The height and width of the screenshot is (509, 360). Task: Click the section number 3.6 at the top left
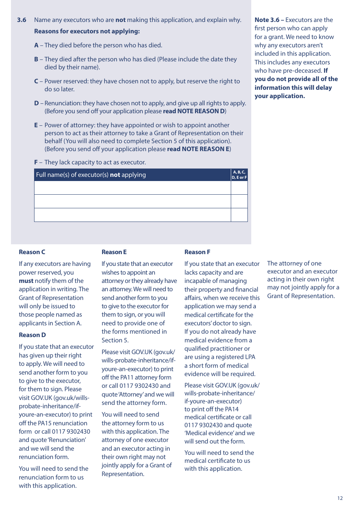click(22, 20)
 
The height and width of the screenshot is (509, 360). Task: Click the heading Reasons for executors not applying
click(87, 31)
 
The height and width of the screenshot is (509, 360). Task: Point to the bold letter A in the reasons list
click(36, 45)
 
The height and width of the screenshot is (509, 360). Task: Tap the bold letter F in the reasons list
click(36, 162)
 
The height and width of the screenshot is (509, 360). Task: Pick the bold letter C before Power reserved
click(36, 81)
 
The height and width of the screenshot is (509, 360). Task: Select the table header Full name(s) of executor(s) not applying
click(91, 175)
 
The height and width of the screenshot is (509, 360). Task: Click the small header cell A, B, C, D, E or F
click(239, 175)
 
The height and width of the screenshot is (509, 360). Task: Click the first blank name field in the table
click(132, 188)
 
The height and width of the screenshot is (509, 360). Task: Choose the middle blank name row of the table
click(132, 201)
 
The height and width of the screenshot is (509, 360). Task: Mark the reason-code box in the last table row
click(239, 215)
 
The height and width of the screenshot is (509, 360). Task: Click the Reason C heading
click(32, 252)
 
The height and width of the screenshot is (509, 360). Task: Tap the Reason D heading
click(32, 335)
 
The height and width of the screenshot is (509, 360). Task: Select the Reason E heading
click(114, 252)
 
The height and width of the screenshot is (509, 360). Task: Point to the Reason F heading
click(197, 252)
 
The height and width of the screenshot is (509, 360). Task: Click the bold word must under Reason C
click(26, 281)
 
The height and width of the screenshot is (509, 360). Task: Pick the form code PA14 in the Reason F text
click(232, 409)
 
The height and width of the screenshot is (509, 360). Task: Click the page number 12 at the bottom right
click(340, 498)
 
